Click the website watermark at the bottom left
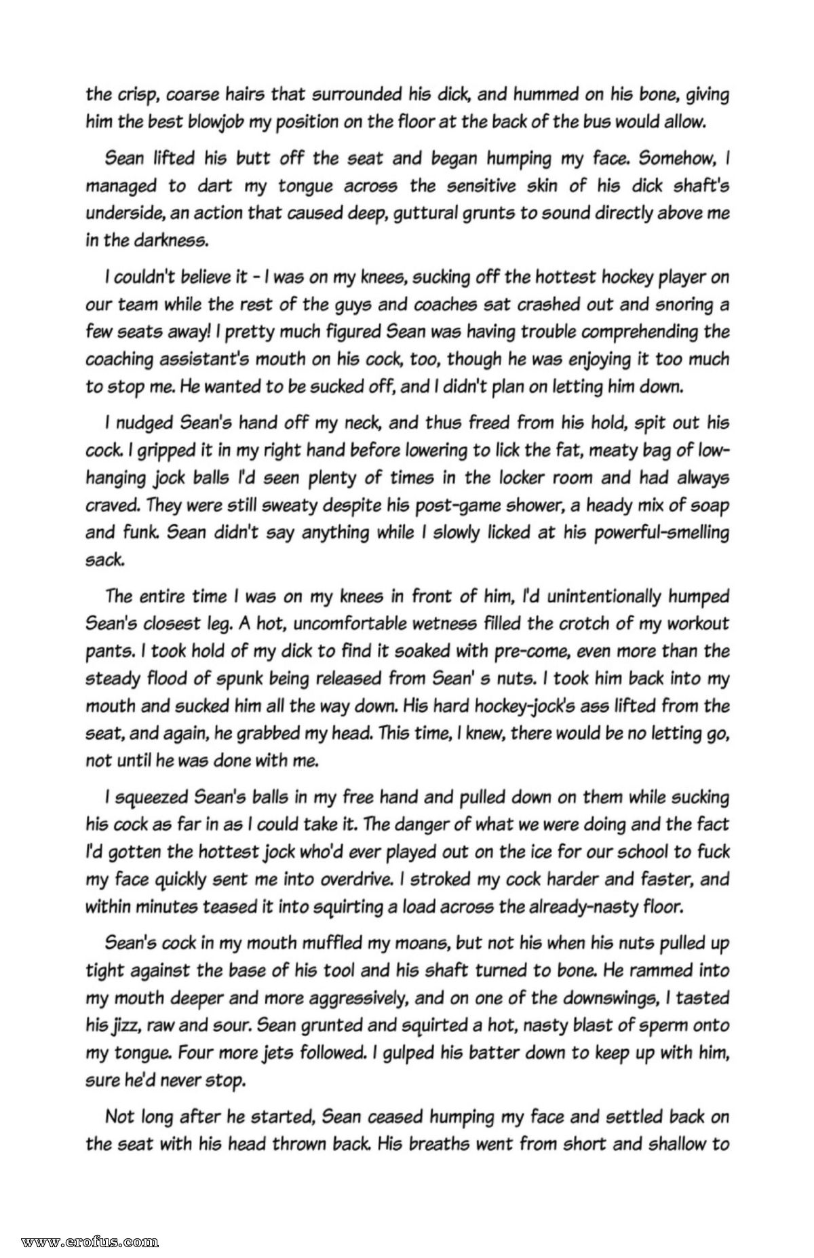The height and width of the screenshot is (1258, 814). click(x=90, y=1238)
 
